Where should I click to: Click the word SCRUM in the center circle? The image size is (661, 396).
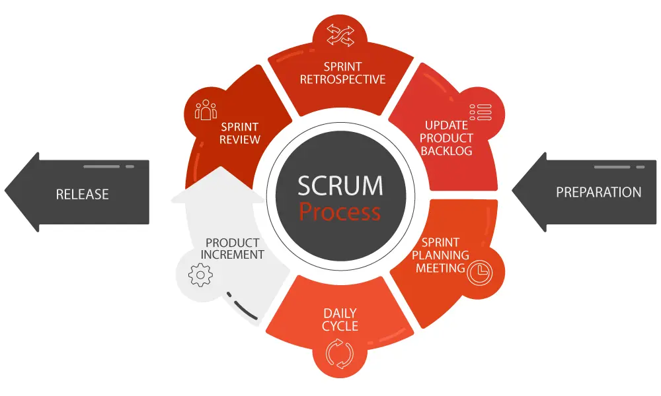click(x=340, y=185)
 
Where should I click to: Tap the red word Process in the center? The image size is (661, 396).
click(x=340, y=212)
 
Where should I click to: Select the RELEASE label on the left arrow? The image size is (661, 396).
click(x=82, y=194)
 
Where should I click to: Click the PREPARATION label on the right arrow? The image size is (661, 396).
click(x=598, y=192)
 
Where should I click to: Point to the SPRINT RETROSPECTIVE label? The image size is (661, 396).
click(x=342, y=73)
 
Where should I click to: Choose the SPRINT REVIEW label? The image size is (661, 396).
click(x=240, y=133)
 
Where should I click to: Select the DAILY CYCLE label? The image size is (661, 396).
click(x=340, y=319)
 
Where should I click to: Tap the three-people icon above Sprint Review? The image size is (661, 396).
click(x=206, y=110)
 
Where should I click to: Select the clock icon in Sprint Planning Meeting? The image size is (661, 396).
click(x=479, y=273)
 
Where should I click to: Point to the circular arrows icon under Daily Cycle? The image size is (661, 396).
click(x=339, y=353)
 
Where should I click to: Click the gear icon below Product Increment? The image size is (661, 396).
click(x=200, y=274)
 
